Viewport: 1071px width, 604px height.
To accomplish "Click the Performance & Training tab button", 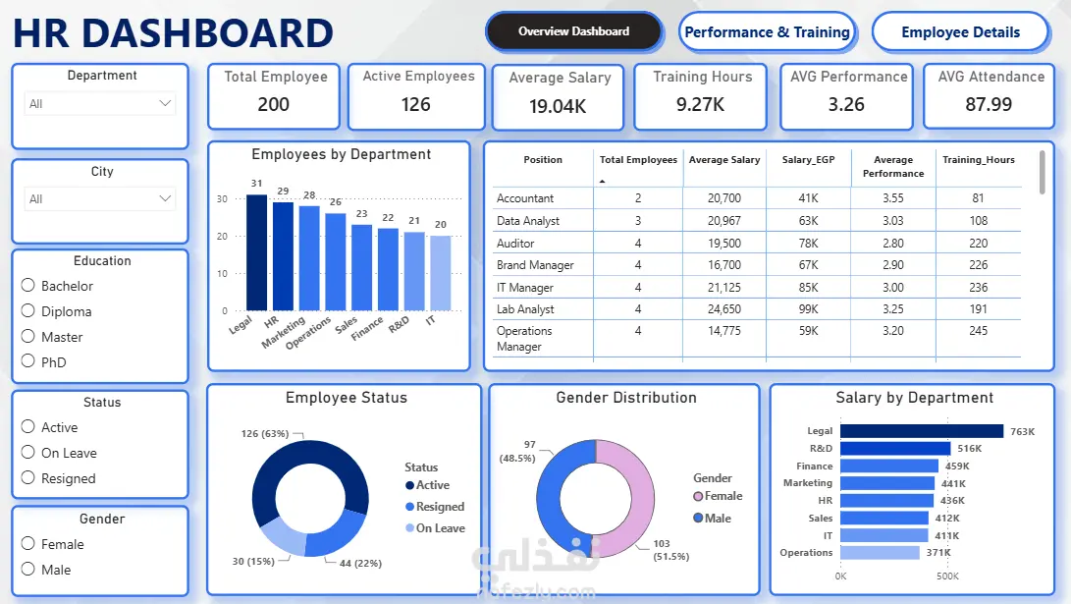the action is pos(767,32).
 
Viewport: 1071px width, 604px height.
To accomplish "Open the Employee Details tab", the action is pos(960,32).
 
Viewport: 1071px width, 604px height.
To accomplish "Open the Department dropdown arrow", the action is pos(165,103).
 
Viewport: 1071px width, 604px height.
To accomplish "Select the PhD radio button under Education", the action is pos(28,360).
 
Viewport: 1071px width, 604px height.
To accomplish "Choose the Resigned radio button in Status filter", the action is pos(28,477).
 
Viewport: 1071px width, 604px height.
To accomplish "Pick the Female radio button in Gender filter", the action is pos(28,543).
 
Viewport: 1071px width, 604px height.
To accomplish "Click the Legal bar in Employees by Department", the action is pos(257,252).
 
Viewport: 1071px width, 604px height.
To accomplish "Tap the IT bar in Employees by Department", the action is pos(441,273).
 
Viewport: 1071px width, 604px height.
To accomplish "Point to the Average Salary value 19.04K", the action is pos(558,107).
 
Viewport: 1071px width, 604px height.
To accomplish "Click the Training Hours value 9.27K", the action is pos(700,104).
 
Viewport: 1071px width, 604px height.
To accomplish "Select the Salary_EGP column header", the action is pos(808,160).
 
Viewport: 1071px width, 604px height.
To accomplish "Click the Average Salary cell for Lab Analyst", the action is pos(724,308).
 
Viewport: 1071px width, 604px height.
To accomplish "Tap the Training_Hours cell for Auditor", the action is pos(978,244).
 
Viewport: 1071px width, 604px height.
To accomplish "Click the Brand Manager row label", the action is pos(535,265).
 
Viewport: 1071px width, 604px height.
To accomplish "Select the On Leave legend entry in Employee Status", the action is pos(435,528).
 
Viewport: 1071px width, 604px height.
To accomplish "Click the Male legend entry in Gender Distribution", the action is pos(712,518).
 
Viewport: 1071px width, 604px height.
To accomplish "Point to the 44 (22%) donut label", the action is pos(360,563).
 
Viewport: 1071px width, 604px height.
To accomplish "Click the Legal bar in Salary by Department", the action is pos(922,431).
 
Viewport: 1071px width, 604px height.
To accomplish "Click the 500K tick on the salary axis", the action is pos(947,576).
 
